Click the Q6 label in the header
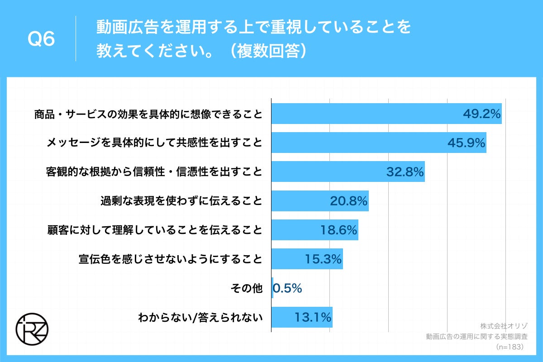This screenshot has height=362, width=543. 41,40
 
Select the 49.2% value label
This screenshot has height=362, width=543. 481,114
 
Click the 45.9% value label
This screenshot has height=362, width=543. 467,143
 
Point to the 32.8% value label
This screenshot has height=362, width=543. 405,172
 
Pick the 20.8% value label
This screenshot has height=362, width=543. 348,201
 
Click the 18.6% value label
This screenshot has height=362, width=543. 339,230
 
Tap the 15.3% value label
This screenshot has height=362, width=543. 323,259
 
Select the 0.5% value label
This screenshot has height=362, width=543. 287,288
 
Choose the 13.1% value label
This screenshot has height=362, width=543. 313,317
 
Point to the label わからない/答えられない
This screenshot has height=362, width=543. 200,317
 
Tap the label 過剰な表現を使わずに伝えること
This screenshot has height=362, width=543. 181,201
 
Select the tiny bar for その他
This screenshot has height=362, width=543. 272,288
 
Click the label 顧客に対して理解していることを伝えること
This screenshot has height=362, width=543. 155,230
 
